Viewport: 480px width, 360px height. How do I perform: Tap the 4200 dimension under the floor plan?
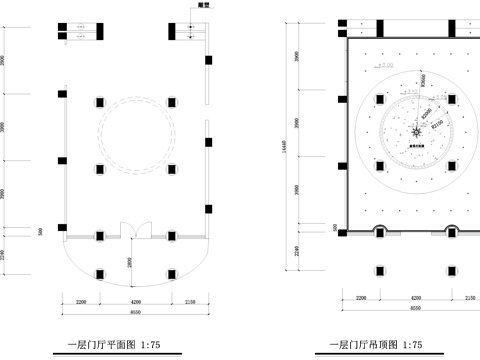(135, 300)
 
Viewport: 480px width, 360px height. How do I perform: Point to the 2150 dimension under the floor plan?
(191, 300)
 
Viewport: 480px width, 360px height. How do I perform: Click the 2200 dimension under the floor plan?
(81, 300)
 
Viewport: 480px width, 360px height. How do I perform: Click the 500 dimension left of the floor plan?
(40, 232)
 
